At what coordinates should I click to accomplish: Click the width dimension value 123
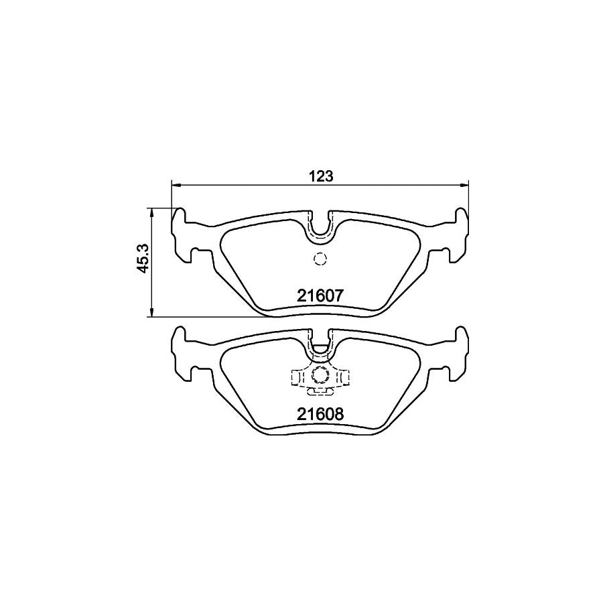coord(321,176)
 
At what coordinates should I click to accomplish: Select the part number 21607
coord(320,295)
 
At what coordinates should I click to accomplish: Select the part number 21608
coord(320,414)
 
